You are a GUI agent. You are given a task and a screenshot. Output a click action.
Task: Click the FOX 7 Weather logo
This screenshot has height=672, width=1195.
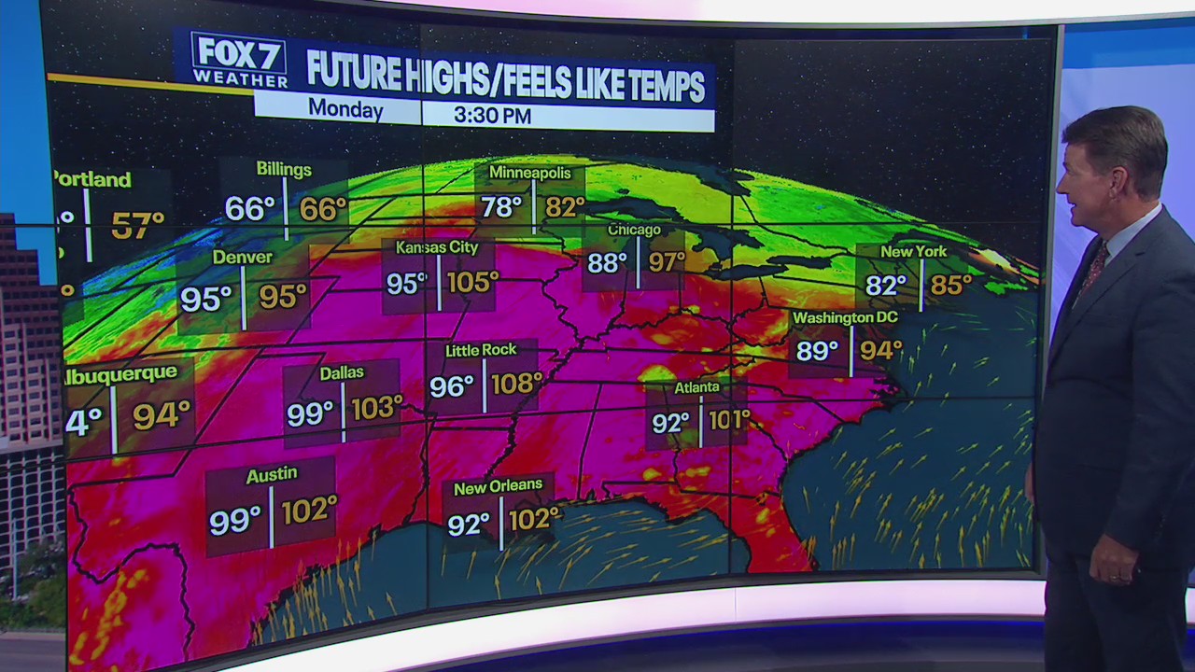click(239, 61)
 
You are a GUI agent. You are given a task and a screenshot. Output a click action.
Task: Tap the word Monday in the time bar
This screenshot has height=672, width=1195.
click(345, 110)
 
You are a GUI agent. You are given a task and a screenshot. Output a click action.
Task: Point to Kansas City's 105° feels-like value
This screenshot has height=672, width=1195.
click(472, 282)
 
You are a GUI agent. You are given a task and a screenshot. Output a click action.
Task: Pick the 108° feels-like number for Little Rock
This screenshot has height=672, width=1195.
click(516, 384)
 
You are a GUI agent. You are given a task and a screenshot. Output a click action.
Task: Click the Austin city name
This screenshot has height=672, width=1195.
click(271, 475)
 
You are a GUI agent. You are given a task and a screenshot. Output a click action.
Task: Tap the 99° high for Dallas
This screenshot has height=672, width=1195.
click(310, 413)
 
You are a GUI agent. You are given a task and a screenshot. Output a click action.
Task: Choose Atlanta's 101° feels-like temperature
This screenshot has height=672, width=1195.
click(729, 420)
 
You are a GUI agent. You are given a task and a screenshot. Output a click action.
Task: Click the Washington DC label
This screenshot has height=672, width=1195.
click(845, 318)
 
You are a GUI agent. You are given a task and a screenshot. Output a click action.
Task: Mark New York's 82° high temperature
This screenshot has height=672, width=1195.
click(886, 286)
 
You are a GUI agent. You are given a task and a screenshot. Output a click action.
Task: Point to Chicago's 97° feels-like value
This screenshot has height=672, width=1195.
click(667, 262)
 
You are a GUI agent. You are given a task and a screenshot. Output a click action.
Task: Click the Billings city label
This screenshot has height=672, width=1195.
click(284, 170)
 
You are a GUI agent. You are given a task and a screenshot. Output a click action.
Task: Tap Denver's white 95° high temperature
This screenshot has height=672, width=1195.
click(205, 299)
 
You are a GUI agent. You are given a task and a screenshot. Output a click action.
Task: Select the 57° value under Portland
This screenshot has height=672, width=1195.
click(138, 225)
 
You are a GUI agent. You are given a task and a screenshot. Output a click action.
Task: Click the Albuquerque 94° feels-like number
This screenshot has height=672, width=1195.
click(162, 415)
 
